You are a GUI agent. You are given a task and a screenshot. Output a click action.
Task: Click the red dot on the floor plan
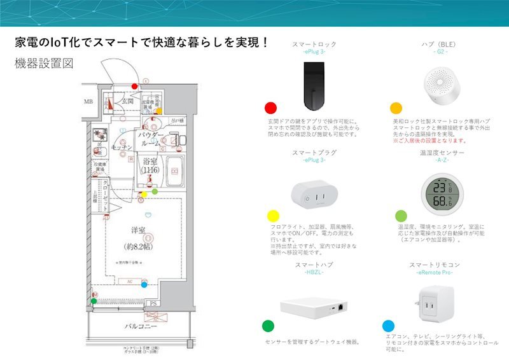click(x=134, y=85)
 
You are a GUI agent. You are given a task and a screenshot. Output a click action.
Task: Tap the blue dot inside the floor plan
click(x=144, y=284)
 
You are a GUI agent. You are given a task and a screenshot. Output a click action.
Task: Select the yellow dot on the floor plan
click(x=144, y=194)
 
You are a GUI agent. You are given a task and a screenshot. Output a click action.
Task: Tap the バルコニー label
click(x=141, y=327)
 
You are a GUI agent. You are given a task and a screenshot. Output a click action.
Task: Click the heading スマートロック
click(x=314, y=45)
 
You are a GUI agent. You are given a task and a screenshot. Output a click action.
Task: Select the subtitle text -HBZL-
click(x=314, y=272)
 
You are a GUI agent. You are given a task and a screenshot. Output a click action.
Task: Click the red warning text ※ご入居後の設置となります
click(x=430, y=141)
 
